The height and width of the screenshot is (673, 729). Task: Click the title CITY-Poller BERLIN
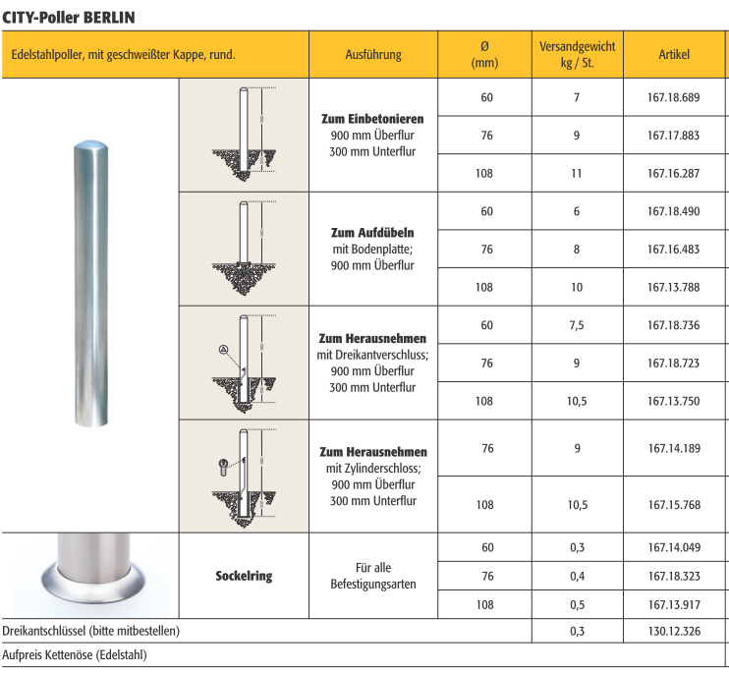(x=69, y=18)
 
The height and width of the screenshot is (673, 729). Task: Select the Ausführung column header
(x=373, y=54)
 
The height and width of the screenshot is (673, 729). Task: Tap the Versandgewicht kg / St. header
(x=577, y=54)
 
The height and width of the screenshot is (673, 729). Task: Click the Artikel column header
(x=674, y=54)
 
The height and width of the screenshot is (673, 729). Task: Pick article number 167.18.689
(x=674, y=97)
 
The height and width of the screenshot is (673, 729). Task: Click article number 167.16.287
(x=674, y=173)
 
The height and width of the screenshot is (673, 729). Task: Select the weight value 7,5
(x=577, y=325)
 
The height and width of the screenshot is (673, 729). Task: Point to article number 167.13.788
(x=674, y=287)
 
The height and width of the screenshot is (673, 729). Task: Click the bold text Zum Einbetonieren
(x=372, y=119)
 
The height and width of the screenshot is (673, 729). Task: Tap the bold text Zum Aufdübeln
(x=372, y=233)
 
